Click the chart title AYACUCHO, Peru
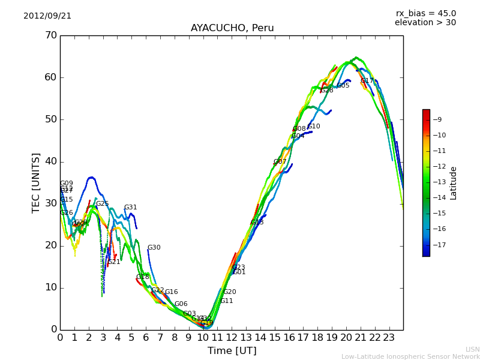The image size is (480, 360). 232,28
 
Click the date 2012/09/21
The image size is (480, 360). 47,16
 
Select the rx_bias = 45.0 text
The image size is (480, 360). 426,14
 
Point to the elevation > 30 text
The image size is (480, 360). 425,23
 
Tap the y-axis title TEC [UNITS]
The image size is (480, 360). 36,182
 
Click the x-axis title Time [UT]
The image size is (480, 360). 232,351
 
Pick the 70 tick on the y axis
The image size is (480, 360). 50,35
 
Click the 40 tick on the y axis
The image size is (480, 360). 50,161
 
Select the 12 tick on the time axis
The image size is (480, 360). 232,338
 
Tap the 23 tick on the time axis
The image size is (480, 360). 389,338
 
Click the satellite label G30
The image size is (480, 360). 154,248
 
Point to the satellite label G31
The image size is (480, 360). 131,208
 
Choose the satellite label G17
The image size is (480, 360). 367,81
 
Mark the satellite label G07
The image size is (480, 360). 280,162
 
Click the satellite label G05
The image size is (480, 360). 343,86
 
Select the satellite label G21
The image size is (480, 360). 114,262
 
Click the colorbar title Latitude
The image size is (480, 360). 454,183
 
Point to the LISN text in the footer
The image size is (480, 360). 472,349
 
